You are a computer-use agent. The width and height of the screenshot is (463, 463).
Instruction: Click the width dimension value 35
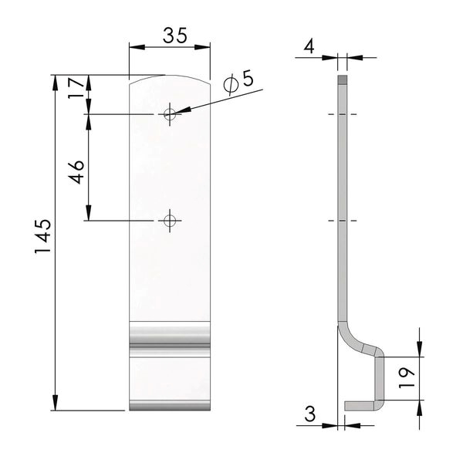[175, 35]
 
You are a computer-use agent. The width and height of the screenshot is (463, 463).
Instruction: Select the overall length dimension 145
[43, 236]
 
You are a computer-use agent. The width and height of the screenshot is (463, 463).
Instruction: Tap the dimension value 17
[76, 88]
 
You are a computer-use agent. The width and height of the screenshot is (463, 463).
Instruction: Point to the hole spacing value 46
[76, 172]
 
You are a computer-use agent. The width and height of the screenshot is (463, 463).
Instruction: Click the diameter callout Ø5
[238, 82]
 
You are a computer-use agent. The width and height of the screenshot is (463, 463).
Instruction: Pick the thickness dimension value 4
[309, 46]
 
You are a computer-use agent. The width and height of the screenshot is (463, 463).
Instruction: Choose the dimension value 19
[407, 378]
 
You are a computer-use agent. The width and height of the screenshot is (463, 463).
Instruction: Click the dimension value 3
[310, 414]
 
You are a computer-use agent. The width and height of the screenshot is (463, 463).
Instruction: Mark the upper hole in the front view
[170, 114]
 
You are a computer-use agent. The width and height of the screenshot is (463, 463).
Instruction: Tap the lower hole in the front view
[170, 221]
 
